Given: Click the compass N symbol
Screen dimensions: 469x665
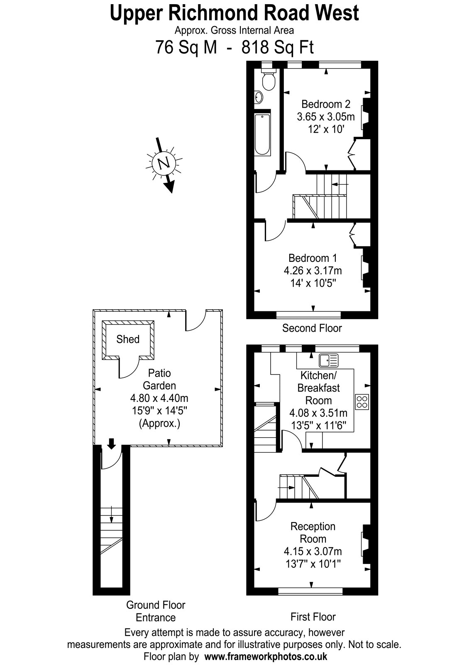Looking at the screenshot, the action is (164, 164).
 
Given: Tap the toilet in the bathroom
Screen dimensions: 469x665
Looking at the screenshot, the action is (269, 79).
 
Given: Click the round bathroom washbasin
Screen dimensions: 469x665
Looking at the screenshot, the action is (259, 97).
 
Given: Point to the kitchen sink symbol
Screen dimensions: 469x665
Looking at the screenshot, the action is (328, 360).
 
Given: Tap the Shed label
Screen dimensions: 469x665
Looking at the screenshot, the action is (128, 339).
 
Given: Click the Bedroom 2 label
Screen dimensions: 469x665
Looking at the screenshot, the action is (326, 104).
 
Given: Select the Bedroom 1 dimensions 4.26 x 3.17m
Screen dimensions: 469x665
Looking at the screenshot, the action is (313, 271).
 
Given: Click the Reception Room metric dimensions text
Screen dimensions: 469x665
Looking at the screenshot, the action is (313, 551).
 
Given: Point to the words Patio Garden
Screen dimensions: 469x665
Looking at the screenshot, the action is (159, 379).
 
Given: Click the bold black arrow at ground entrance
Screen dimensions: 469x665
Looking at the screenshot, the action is (112, 443).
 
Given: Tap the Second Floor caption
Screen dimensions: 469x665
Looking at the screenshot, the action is (312, 328).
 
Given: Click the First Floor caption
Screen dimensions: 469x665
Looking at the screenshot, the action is (313, 617).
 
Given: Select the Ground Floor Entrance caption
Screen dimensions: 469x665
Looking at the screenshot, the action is (156, 611).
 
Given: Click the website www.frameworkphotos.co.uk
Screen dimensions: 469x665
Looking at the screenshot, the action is (266, 656).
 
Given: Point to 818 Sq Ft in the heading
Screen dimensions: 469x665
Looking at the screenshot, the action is (278, 47).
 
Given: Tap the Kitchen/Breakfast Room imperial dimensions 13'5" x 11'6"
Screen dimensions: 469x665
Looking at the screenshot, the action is (318, 426).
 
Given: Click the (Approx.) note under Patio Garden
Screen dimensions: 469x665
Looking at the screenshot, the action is (159, 423).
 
